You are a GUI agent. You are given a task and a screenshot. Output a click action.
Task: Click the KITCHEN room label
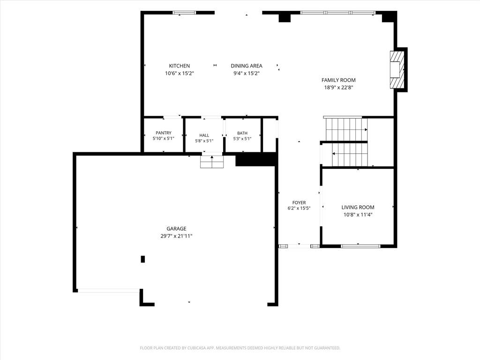[180, 66]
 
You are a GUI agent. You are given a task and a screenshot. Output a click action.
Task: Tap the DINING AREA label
[247, 66]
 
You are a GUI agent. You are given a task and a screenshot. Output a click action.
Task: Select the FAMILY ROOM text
[338, 80]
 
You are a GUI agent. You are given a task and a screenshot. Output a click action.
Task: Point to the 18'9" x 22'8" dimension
[338, 88]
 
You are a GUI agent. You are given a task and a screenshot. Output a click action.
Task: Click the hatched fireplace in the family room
[397, 70]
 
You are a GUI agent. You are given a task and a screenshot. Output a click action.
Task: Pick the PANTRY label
[164, 133]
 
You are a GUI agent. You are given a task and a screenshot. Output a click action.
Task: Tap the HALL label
[204, 135]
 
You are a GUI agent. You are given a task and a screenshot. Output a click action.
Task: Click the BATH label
[242, 133]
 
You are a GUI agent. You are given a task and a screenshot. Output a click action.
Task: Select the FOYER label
[299, 202]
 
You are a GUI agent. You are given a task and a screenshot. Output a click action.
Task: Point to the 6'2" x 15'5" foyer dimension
[299, 208]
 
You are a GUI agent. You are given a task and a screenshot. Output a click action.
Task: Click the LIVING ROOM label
[358, 207]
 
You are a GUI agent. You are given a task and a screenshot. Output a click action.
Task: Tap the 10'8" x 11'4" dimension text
[358, 215]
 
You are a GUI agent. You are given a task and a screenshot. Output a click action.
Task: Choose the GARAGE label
[176, 229]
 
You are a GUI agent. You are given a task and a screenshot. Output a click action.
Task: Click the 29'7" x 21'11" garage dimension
[176, 236]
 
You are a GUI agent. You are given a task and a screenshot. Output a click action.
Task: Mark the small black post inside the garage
[142, 259]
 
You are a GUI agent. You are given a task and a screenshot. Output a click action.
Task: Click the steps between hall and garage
[212, 162]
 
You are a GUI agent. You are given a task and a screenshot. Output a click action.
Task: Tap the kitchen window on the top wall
[184, 13]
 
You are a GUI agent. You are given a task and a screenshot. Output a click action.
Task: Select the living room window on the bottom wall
[360, 246]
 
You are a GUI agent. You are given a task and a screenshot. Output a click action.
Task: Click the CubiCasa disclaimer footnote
[240, 348]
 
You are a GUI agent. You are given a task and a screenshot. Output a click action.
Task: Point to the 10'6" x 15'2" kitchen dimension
[180, 73]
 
